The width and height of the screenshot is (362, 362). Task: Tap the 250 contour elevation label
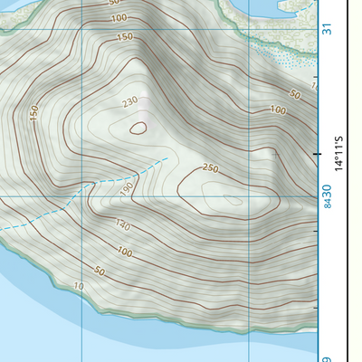[211, 168]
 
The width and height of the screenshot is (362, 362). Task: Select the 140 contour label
[123, 226]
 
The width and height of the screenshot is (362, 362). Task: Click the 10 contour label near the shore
[79, 286]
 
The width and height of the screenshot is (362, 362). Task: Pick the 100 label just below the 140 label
[125, 252]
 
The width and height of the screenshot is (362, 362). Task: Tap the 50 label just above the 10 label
[100, 271]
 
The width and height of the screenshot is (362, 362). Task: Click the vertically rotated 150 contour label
[34, 113]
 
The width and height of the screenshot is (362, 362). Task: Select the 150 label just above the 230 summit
[125, 37]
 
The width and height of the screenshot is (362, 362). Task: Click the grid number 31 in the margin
[327, 29]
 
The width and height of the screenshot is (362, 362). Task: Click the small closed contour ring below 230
[138, 128]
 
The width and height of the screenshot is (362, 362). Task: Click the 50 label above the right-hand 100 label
[294, 94]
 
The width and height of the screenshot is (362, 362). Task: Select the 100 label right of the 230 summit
[278, 110]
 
